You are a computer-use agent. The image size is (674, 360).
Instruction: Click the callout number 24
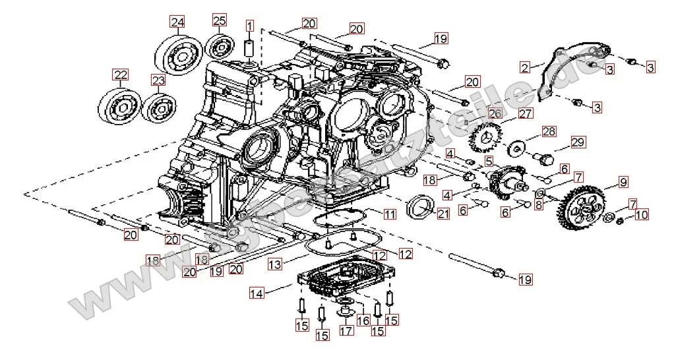(177, 22)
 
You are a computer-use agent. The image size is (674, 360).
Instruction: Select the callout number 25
(220, 20)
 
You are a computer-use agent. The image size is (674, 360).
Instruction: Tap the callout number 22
(119, 75)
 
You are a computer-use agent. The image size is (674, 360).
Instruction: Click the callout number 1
(250, 26)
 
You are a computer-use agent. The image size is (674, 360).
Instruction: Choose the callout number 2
(525, 67)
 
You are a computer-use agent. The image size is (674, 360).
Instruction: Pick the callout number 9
(623, 181)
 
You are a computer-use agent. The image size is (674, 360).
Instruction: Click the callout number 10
(642, 214)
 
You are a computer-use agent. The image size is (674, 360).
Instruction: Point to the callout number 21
(443, 213)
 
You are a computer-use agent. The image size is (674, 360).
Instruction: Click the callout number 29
(578, 142)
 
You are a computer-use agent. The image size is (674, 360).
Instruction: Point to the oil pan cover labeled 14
(343, 280)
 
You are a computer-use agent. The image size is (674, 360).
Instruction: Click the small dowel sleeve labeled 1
(250, 50)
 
